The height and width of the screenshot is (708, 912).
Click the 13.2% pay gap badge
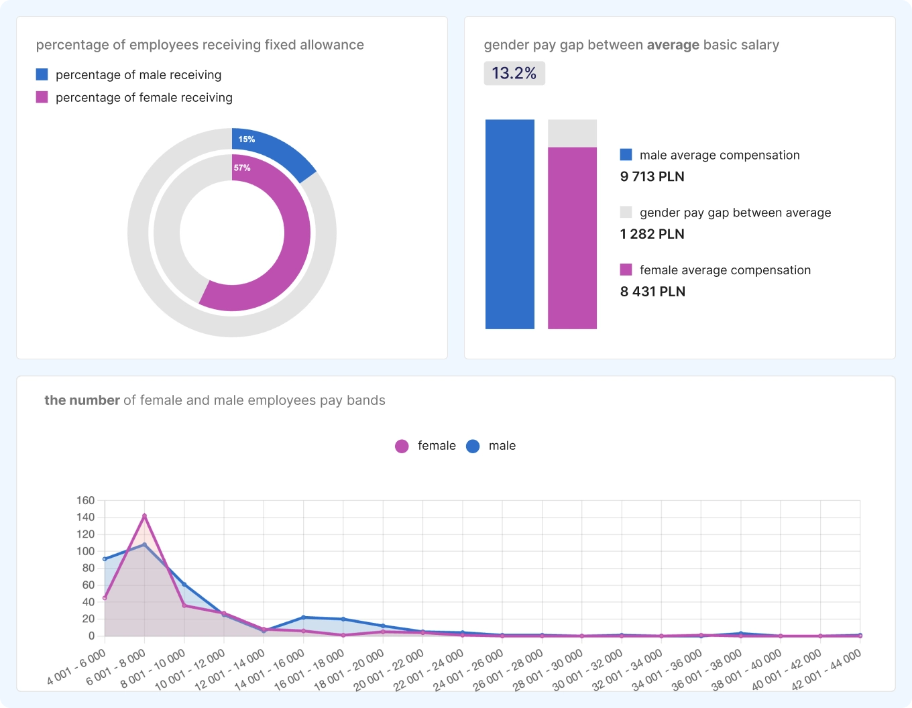point(514,73)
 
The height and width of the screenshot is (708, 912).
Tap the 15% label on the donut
point(246,139)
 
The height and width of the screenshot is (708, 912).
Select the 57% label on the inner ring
point(241,168)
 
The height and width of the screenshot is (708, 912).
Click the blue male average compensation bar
point(510,224)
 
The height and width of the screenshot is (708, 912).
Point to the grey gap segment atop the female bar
point(572,133)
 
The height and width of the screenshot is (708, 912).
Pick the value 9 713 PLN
point(652,176)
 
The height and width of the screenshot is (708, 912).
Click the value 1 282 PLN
point(652,234)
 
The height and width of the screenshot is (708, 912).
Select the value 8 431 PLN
point(652,292)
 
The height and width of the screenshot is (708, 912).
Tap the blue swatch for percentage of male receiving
point(42,74)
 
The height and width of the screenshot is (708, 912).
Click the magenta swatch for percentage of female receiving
point(42,97)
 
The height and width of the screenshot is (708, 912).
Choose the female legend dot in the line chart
point(402,446)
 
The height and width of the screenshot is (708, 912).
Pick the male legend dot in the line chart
point(473,446)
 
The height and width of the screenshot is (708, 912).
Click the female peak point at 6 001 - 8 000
point(144,516)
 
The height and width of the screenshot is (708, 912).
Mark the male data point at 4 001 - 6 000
point(105,558)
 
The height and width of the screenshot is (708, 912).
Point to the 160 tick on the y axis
point(86,500)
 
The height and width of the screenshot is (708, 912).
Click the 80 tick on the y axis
point(88,568)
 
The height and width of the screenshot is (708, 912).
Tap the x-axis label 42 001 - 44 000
point(825,669)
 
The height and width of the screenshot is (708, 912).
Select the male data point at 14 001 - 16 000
point(303,617)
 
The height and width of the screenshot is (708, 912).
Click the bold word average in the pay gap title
point(673,45)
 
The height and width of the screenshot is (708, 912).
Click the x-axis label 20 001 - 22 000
point(388,669)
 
